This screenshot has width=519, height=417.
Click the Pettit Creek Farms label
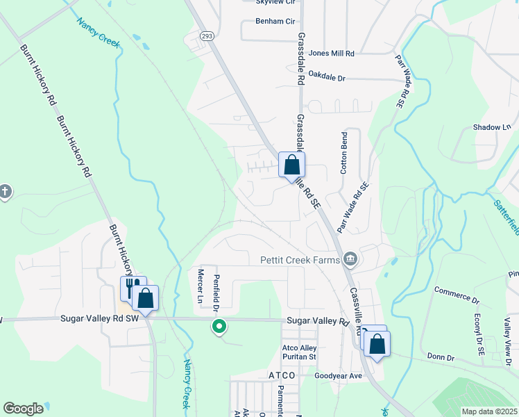(300, 260)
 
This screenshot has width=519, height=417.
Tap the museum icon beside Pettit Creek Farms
(351, 260)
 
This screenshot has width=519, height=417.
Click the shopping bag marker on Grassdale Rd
(292, 165)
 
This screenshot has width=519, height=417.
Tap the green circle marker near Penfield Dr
(219, 325)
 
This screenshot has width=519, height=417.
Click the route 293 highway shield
(206, 35)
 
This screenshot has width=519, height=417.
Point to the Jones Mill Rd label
(332, 53)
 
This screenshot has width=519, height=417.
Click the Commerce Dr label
(457, 295)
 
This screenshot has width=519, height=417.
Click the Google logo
(23, 409)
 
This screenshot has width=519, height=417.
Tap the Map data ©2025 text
(488, 411)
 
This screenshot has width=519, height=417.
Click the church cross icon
(5, 191)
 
